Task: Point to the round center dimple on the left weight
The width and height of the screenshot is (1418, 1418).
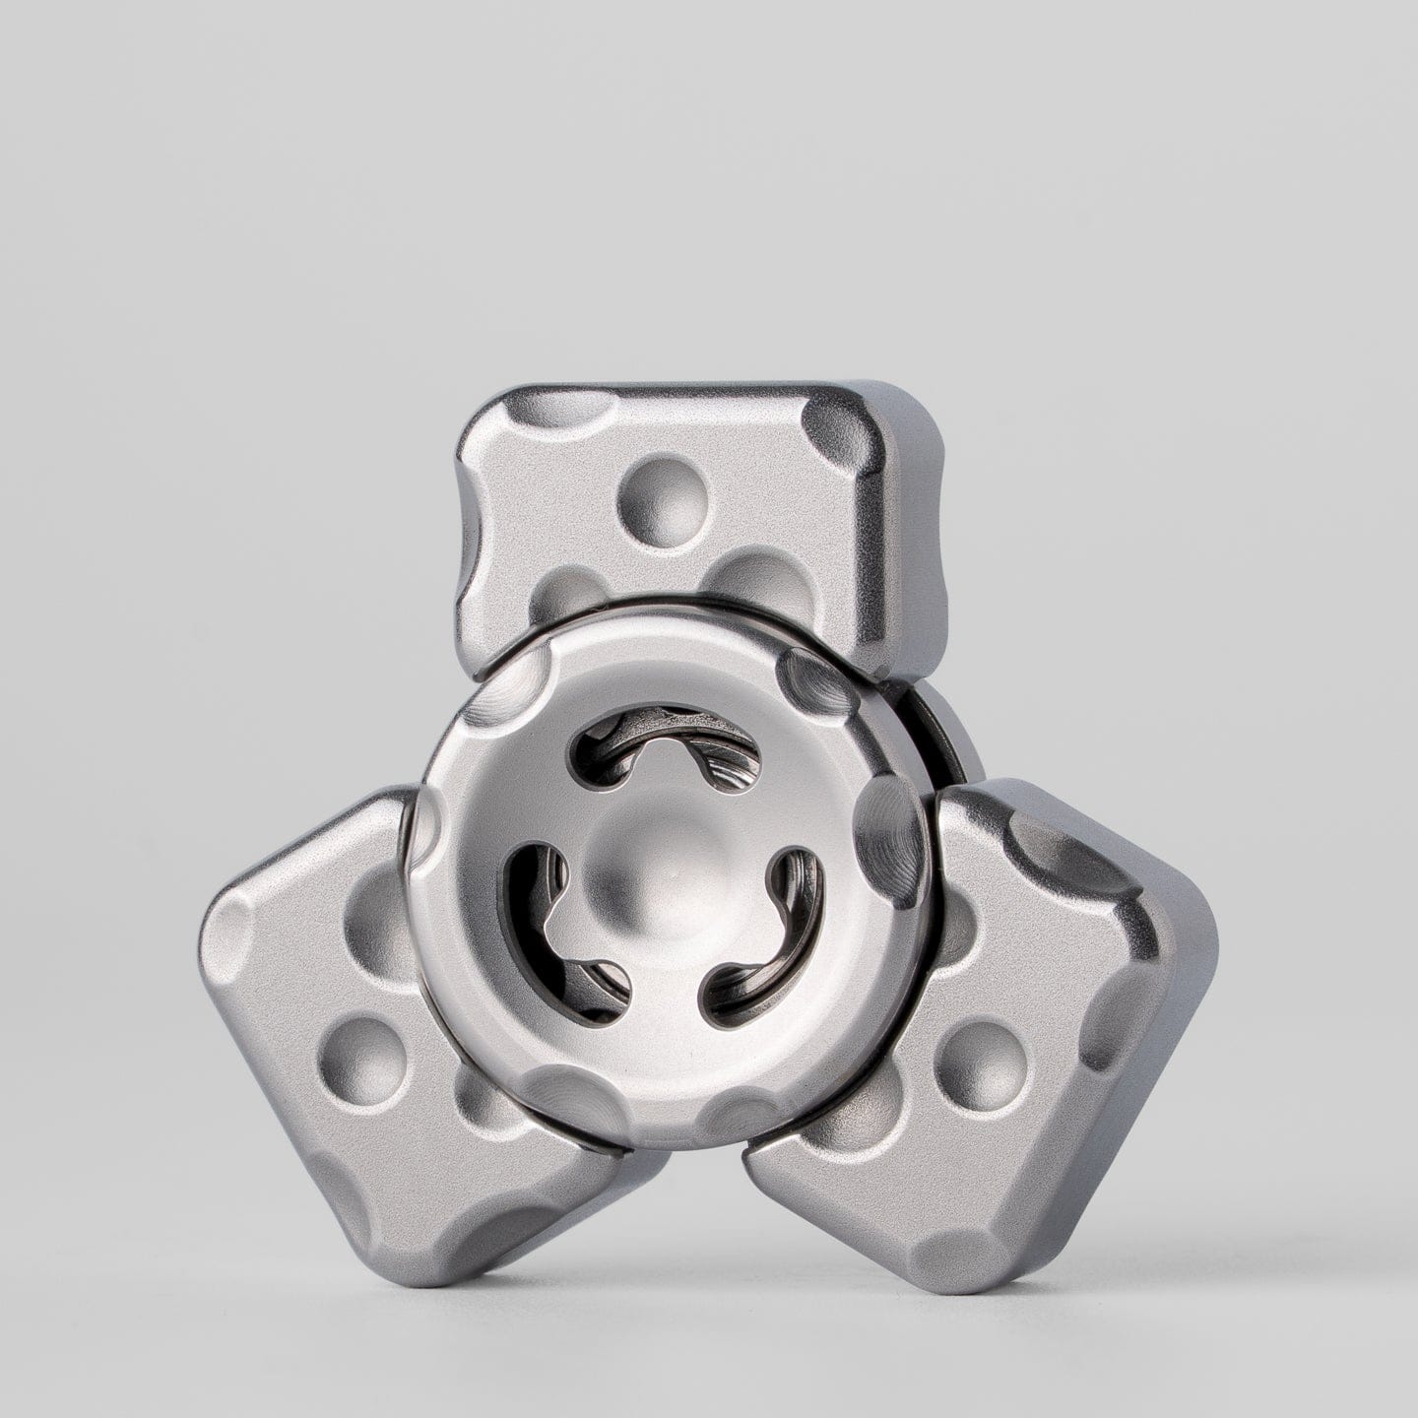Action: [363, 1051]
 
